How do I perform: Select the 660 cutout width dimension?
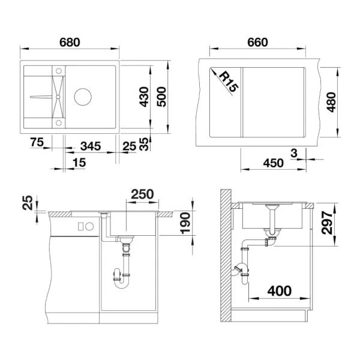[257, 43]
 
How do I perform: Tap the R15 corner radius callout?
[229, 81]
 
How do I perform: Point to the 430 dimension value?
[143, 95]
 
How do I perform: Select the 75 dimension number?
[36, 142]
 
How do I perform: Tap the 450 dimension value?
[273, 163]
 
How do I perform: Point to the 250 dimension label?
[143, 194]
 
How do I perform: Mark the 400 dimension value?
[279, 291]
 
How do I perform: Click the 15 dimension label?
[79, 163]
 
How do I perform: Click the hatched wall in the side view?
[226, 258]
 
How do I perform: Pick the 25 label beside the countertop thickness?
[26, 205]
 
